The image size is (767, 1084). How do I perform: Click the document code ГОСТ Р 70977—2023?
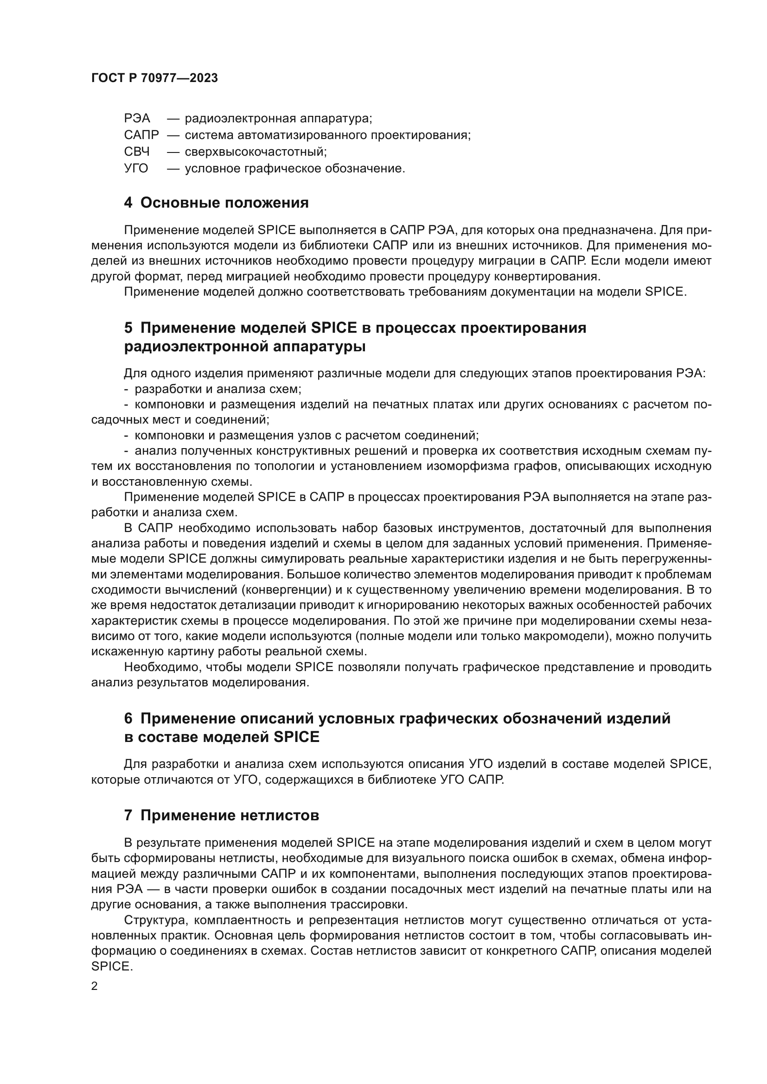point(154,78)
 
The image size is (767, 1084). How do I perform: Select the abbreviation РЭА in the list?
point(137,119)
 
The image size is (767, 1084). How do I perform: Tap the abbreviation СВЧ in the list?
point(137,152)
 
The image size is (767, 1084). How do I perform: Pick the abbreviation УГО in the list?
point(136,169)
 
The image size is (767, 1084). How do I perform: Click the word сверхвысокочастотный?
point(255,152)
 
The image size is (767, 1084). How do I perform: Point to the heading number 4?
point(128,203)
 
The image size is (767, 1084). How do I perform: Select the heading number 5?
point(128,328)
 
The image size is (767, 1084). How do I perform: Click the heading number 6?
point(128,719)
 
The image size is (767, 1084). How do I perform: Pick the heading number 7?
point(128,815)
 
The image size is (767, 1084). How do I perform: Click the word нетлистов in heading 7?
point(275,815)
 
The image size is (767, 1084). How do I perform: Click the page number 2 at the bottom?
point(95,986)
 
